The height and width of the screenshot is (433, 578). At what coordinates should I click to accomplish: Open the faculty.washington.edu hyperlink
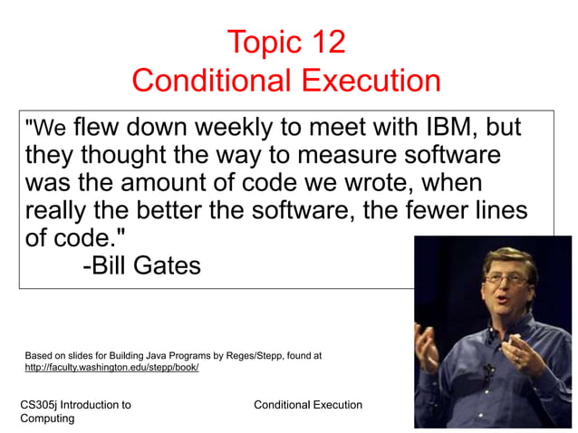(111, 368)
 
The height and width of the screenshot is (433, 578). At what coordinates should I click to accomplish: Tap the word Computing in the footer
(47, 419)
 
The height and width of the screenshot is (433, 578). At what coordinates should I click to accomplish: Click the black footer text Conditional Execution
(308, 405)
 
